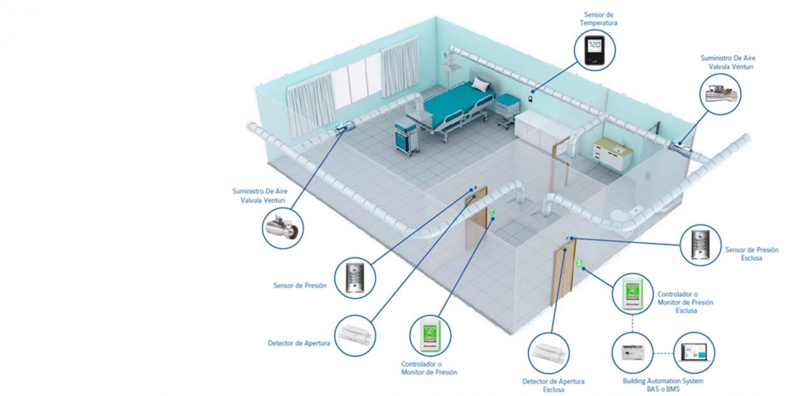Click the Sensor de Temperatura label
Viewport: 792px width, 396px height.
(598, 19)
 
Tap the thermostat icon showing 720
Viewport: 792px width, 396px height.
(595, 50)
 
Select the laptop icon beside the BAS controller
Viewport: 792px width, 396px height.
(695, 352)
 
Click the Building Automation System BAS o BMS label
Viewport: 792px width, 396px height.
(663, 385)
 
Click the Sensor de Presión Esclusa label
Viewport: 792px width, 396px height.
(752, 254)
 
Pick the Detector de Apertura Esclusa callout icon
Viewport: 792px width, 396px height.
(549, 353)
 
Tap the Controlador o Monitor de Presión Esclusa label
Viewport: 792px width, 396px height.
(685, 302)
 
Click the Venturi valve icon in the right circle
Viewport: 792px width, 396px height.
(720, 93)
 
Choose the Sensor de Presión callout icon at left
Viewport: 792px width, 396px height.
(355, 278)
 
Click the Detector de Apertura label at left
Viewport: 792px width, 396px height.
(299, 343)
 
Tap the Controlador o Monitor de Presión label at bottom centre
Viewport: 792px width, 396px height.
(429, 368)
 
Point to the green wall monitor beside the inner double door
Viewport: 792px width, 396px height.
(493, 212)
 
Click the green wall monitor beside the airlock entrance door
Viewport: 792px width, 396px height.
(579, 263)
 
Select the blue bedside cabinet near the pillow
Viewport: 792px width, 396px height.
(507, 106)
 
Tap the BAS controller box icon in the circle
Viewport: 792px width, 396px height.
(633, 353)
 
